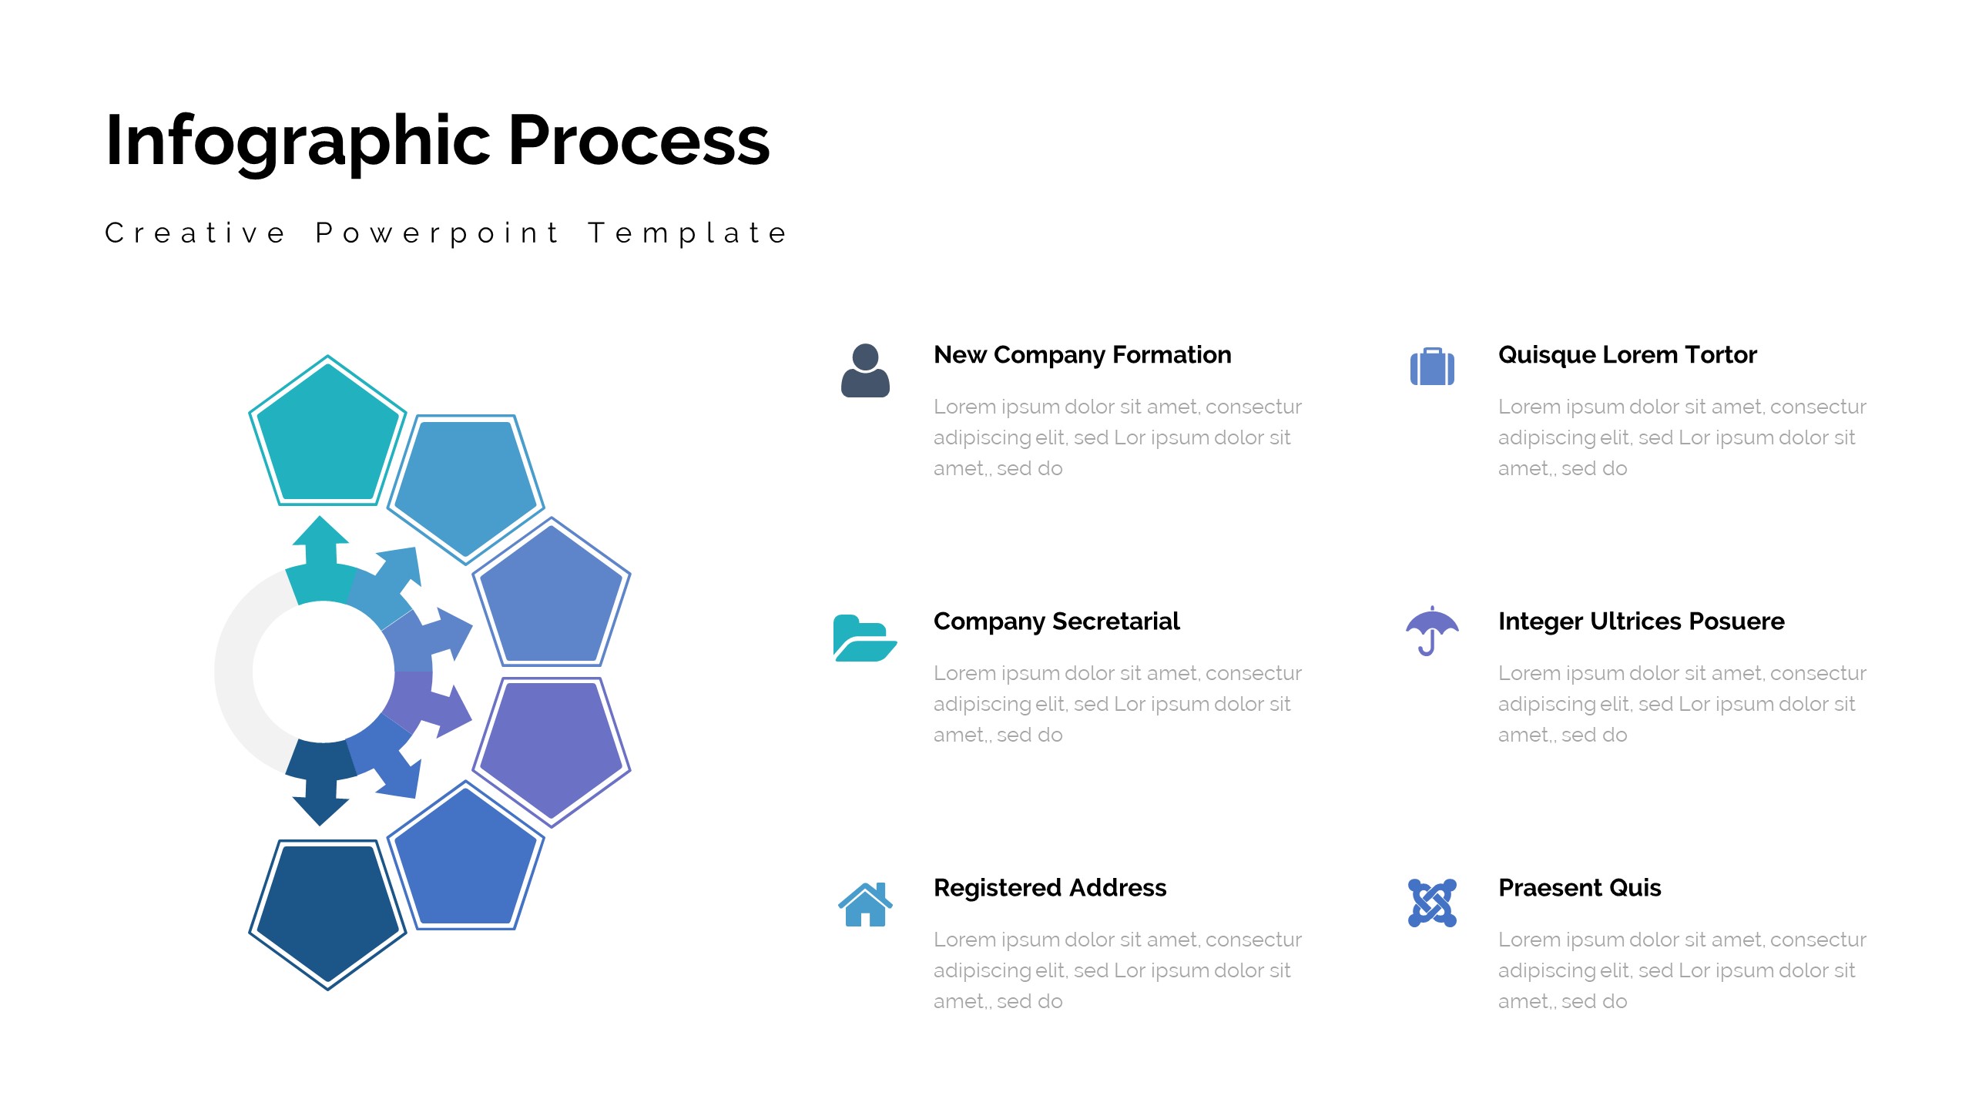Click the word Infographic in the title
tap(298, 141)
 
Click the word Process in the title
tap(639, 140)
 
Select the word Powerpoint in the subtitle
tap(437, 233)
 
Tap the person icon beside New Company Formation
tap(865, 370)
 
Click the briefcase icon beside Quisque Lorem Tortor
tap(1432, 367)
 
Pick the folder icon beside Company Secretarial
tap(865, 638)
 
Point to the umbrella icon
tap(1432, 631)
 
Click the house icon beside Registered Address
tap(865, 904)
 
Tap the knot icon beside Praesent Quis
tap(1432, 903)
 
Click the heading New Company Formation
tap(1082, 355)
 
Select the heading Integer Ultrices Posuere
tap(1641, 622)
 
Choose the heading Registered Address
tap(1050, 888)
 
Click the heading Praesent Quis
tap(1579, 888)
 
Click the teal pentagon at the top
tap(327, 435)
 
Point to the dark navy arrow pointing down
tap(320, 782)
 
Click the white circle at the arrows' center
tap(324, 672)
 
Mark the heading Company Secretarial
tap(1056, 622)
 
